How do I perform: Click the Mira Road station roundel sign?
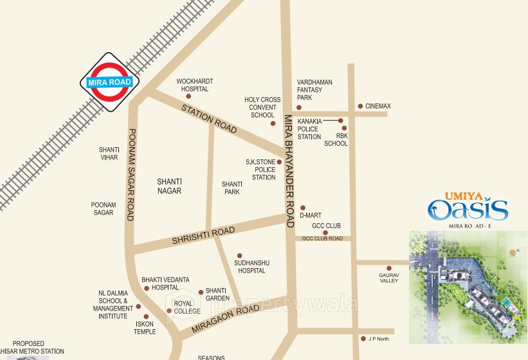[x=109, y=82]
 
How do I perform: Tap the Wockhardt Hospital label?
[x=195, y=85]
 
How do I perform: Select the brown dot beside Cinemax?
[x=360, y=106]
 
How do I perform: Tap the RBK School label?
[x=336, y=139]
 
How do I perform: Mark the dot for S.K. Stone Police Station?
[x=279, y=162]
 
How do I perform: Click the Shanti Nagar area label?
[x=170, y=186]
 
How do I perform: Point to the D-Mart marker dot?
[x=302, y=208]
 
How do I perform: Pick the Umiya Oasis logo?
[x=469, y=207]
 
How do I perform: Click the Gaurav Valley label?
[x=388, y=278]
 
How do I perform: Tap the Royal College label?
[x=187, y=307]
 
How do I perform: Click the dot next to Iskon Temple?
[x=146, y=316]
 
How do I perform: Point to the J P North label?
[x=379, y=338]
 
